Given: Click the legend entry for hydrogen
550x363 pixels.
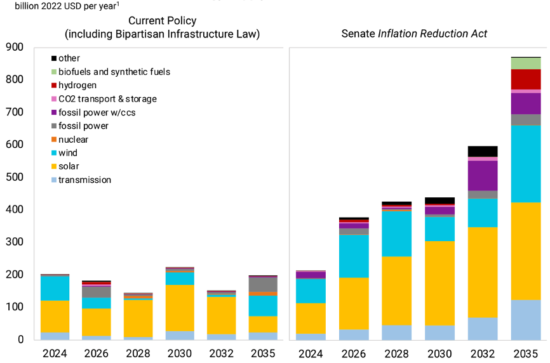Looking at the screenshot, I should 77,85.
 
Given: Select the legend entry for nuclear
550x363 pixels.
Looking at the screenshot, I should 73,140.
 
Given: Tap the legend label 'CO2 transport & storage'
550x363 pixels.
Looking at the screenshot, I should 107,99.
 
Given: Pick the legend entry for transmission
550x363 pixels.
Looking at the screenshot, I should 84,180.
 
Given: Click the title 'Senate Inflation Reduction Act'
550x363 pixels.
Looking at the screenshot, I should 414,34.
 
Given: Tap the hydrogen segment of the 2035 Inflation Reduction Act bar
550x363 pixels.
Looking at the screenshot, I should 525,79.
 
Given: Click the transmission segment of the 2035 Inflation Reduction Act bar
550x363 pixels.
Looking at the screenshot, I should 525,320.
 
